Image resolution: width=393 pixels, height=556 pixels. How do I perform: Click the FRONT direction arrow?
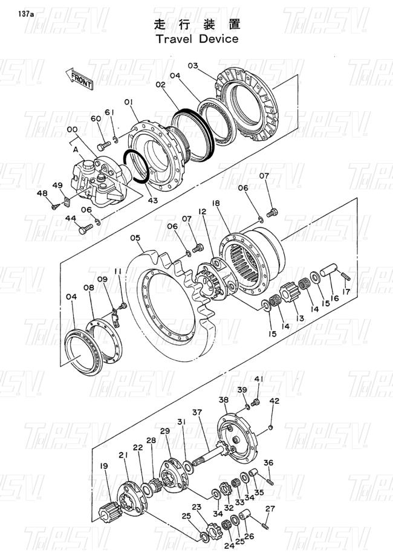[79, 79]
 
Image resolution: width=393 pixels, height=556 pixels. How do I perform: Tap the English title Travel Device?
[197, 39]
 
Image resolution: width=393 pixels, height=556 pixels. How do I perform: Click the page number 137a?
[24, 14]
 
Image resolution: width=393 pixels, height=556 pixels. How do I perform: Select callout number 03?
[193, 66]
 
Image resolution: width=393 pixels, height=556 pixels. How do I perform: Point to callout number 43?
[153, 201]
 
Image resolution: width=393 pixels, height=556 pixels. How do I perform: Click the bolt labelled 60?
[104, 146]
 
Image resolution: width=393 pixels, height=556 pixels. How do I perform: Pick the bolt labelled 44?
[85, 229]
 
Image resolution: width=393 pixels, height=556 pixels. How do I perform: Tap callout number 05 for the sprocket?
[135, 238]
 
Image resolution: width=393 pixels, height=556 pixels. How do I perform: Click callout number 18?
[216, 203]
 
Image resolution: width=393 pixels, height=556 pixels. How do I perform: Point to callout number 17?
[346, 291]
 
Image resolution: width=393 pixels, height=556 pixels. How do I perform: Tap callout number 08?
[89, 287]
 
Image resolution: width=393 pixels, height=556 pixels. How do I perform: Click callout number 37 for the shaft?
[197, 412]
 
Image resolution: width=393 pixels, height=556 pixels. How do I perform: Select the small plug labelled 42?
[271, 427]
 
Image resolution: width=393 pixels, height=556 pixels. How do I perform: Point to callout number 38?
[224, 400]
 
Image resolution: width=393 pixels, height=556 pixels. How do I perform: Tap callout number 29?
[165, 431]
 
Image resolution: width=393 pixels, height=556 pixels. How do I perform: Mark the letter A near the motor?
[76, 150]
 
